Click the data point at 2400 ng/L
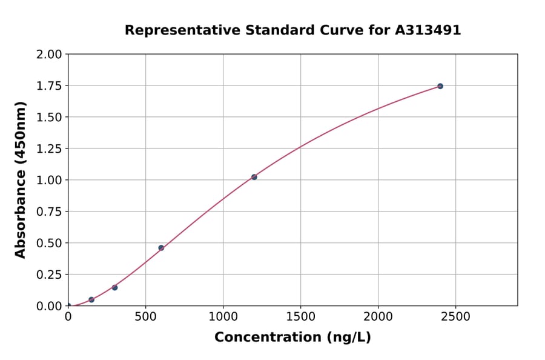440,86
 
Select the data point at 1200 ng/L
254,177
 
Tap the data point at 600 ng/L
161,248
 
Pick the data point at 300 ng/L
114,287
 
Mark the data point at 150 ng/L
91,299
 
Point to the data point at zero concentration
68,305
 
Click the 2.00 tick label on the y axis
49,55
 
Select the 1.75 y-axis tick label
49,86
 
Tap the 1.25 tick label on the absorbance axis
49,148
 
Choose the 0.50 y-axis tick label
49,243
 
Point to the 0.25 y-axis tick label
49,275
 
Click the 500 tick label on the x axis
145,317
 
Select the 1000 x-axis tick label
223,317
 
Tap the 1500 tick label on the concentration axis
300,317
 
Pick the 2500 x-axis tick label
455,317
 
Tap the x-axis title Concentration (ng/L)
292,338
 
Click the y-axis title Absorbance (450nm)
21,180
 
